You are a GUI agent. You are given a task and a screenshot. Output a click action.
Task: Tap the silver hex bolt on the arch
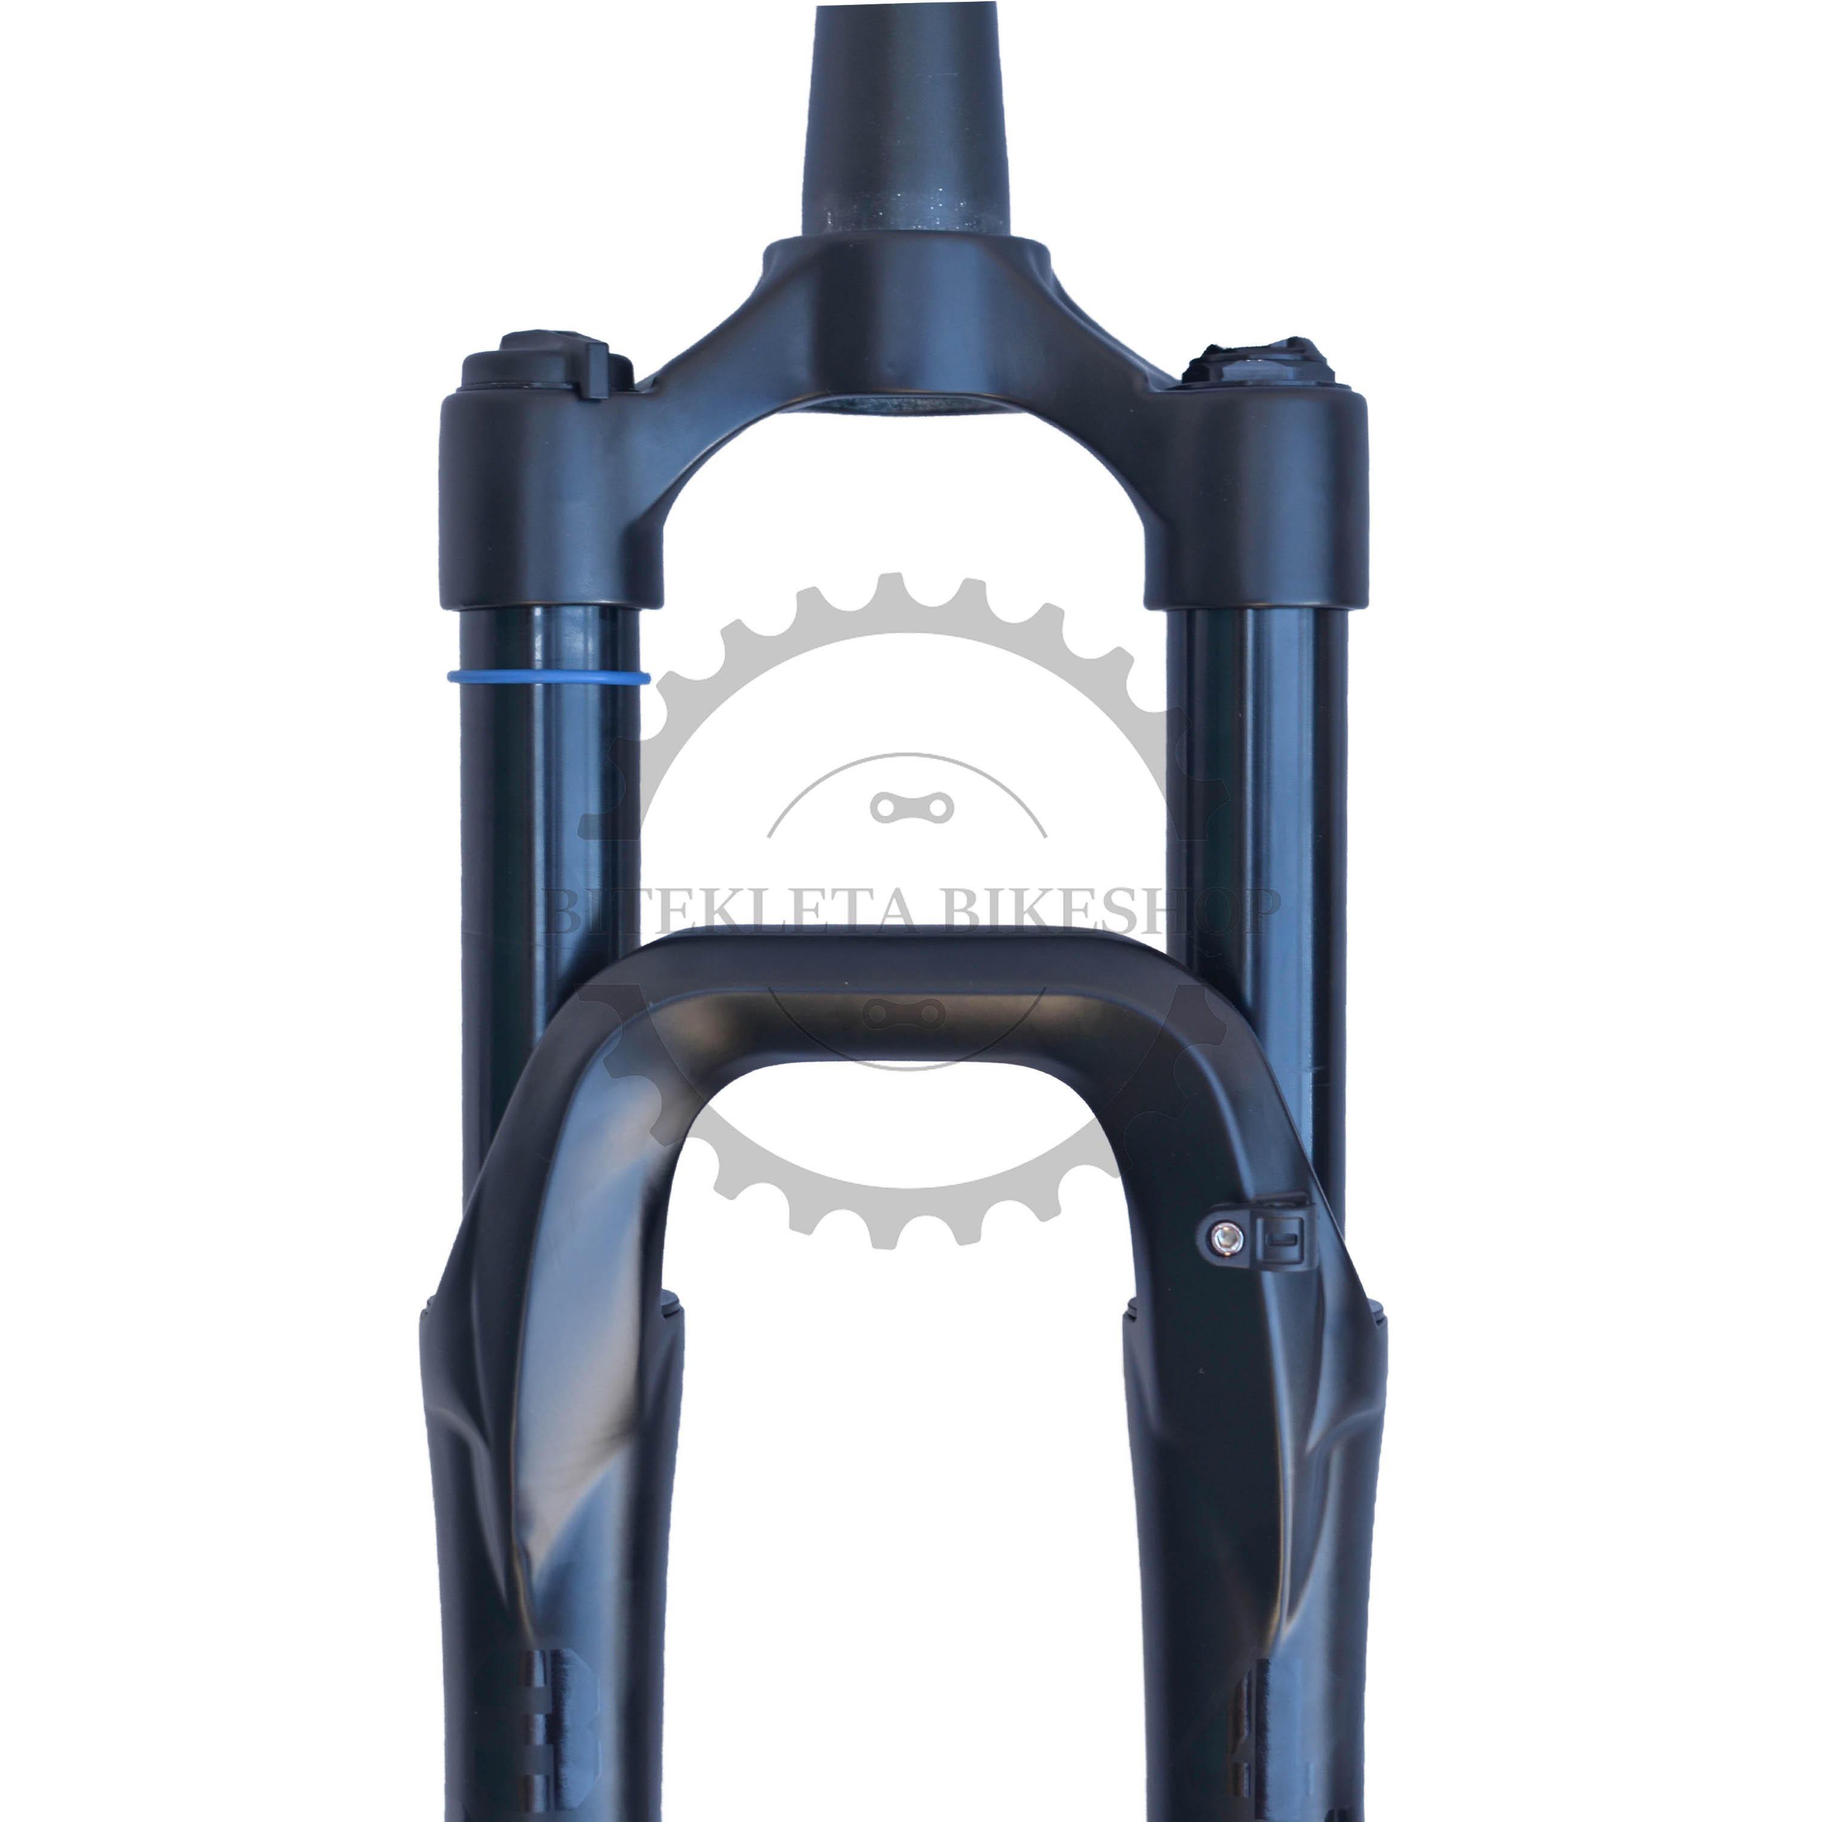[1225, 1238]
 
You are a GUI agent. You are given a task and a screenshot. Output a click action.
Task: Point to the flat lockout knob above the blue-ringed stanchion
[547, 363]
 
